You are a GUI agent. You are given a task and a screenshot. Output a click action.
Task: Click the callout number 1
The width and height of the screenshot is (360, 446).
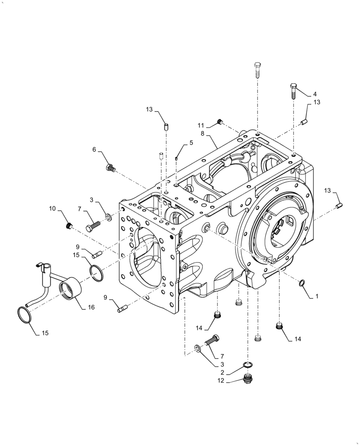[x=317, y=296]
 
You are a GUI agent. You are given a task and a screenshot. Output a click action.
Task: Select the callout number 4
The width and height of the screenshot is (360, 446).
[x=315, y=94]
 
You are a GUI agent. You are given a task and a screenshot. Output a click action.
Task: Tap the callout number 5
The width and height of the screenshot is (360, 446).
[x=191, y=143]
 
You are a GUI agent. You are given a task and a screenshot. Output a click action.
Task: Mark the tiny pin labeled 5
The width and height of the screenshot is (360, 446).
[x=177, y=157]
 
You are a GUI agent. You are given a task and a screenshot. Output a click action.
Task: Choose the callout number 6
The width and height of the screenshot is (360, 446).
[x=94, y=150]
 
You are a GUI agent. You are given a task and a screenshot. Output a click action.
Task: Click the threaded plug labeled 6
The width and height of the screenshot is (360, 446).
[x=110, y=168]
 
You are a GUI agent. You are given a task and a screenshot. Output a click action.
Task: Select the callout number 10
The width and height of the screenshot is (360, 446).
[x=53, y=209]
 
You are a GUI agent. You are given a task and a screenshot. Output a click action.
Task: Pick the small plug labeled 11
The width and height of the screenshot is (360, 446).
[x=219, y=122]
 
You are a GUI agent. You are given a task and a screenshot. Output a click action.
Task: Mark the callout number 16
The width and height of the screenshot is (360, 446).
[x=91, y=307]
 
